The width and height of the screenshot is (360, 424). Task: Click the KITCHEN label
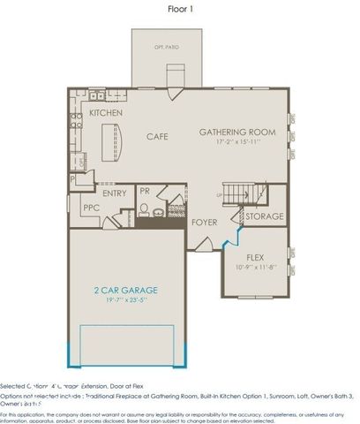(105, 114)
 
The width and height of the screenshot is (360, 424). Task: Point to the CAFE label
(157, 136)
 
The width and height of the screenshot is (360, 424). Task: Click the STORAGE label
(264, 216)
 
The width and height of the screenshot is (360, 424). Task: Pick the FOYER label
(205, 223)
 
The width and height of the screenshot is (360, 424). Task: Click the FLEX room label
(255, 257)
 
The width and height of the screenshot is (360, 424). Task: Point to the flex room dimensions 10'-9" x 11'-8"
(255, 267)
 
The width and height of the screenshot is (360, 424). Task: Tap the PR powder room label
(145, 190)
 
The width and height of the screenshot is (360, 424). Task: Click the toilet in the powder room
(143, 209)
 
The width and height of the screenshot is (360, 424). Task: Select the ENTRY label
(114, 193)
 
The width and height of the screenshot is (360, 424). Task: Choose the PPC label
(91, 208)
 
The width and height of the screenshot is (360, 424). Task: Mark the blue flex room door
(231, 234)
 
